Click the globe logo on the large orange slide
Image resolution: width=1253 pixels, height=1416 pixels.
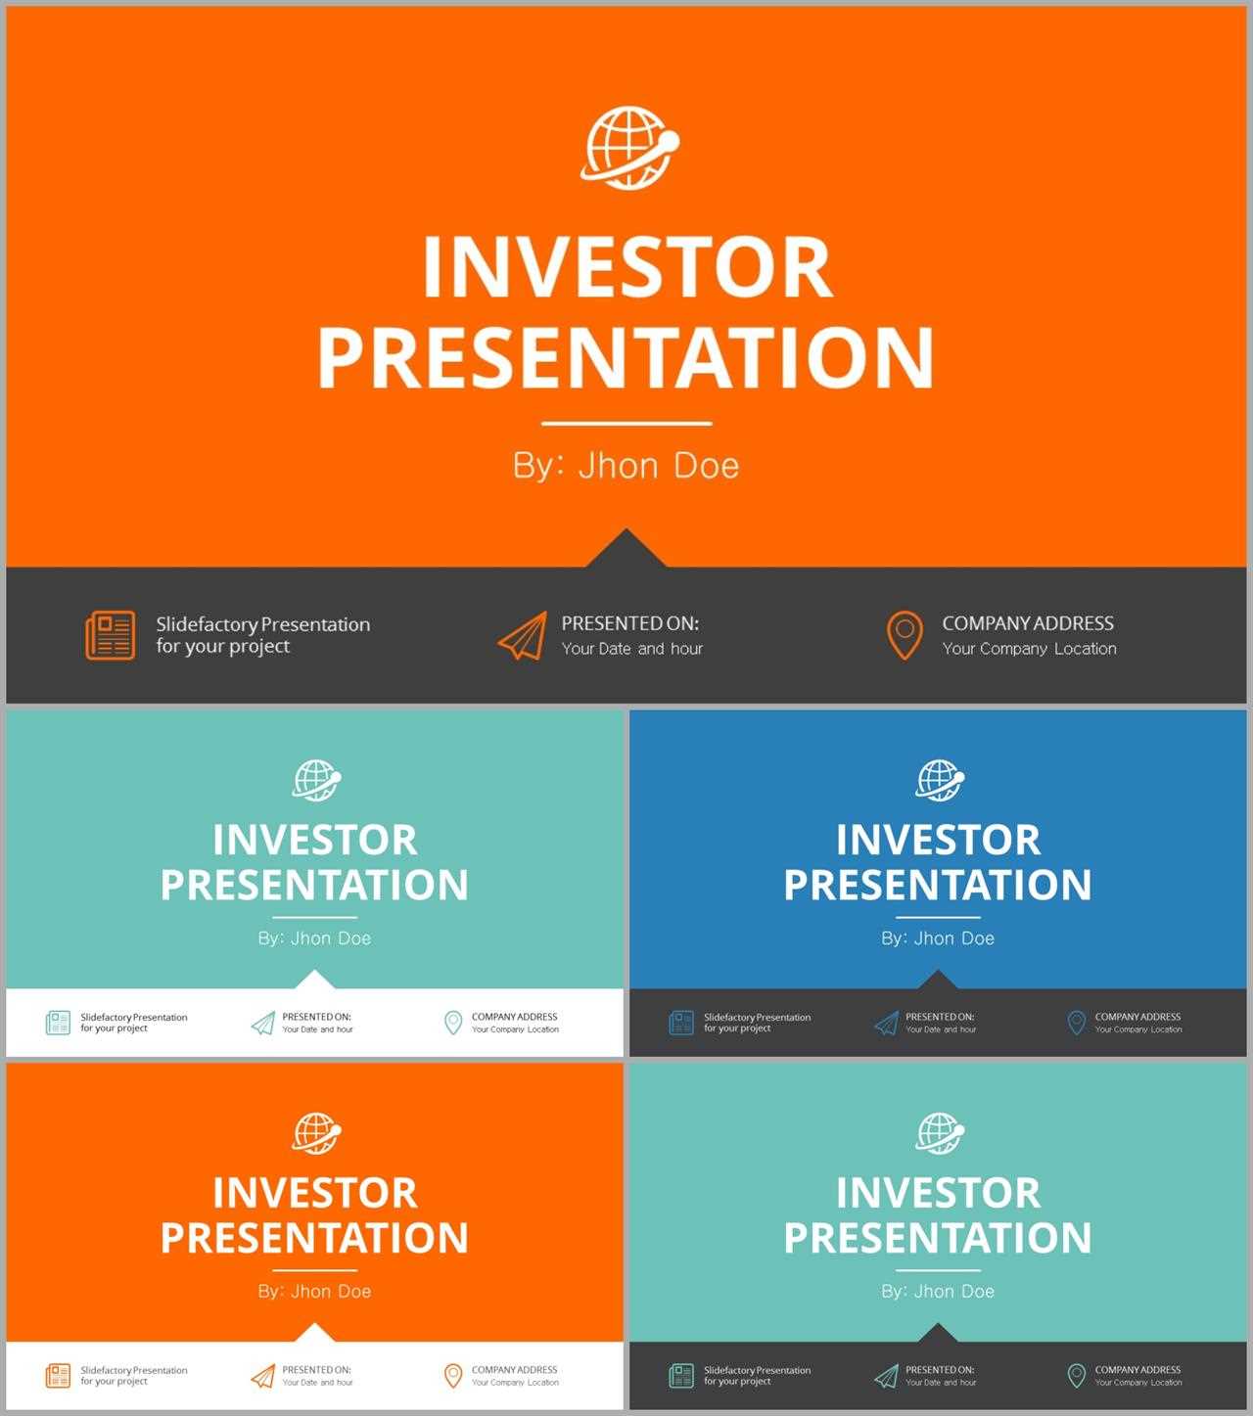[629, 148]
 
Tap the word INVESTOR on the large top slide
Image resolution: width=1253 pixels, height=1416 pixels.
[627, 267]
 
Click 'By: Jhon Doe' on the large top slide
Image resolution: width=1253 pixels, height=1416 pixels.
[626, 466]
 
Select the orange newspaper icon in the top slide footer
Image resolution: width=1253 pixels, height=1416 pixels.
[111, 635]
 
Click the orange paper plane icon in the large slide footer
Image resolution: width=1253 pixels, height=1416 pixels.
[523, 635]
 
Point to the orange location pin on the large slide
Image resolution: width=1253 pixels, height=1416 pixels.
[905, 635]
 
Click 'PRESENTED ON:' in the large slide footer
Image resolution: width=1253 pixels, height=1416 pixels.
[630, 623]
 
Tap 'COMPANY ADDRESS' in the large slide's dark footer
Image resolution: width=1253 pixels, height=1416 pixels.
[1027, 623]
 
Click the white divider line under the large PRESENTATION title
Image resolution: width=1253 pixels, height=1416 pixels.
[626, 424]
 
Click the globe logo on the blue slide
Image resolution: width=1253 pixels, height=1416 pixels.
[940, 780]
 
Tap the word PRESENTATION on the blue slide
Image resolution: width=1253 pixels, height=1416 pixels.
[938, 885]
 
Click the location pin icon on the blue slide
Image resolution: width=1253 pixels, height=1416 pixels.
[1076, 1024]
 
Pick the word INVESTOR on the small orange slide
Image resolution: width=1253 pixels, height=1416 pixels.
[314, 1192]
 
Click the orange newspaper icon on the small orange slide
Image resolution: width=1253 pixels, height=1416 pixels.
[58, 1376]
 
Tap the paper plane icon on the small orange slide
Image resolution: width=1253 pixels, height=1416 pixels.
[263, 1376]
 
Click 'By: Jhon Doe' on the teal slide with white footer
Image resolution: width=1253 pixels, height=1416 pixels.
[314, 937]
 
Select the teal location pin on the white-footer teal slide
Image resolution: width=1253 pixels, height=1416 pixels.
[453, 1024]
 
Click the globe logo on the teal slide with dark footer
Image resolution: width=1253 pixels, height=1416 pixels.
[940, 1133]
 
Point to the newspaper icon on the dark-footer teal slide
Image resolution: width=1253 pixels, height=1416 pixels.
[681, 1376]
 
